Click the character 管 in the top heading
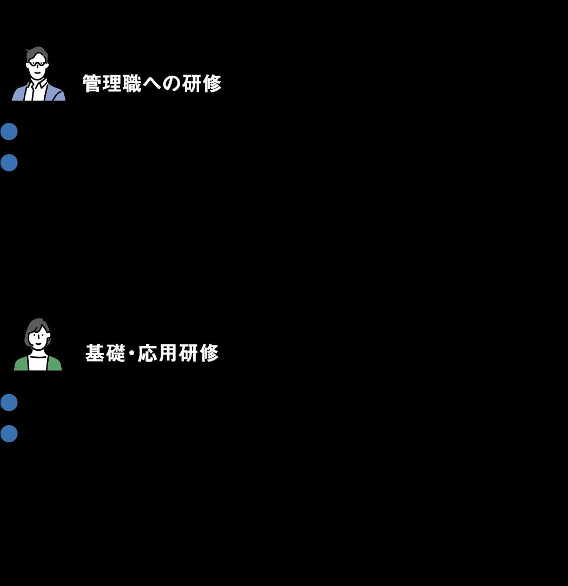tap(91, 84)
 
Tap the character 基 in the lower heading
tap(95, 353)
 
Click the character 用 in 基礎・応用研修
tap(168, 353)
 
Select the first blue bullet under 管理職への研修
tap(9, 131)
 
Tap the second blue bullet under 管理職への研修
tap(9, 162)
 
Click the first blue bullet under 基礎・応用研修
tap(9, 402)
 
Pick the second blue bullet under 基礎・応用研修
tap(9, 433)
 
